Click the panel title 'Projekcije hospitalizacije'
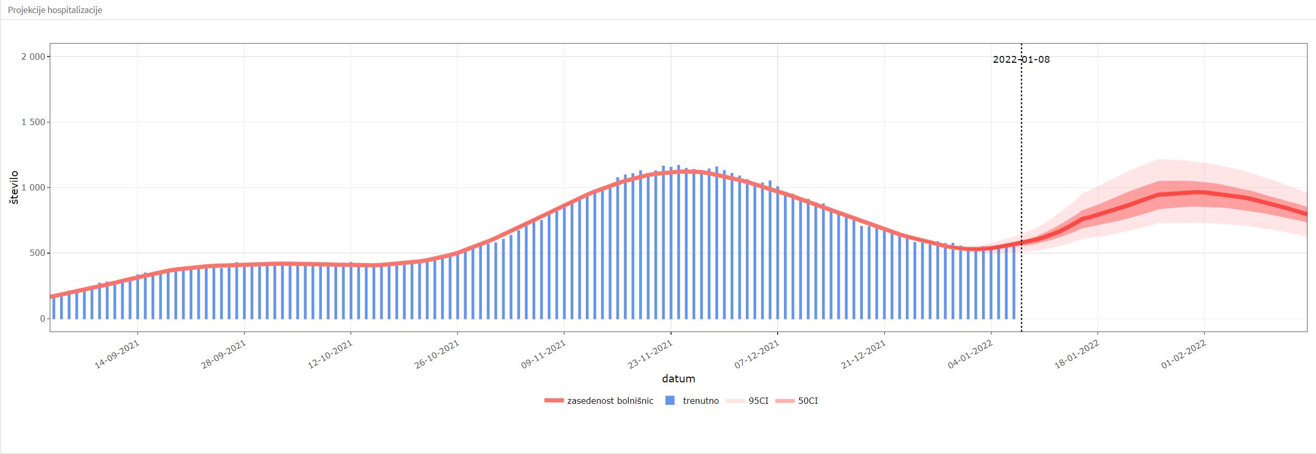click(x=55, y=10)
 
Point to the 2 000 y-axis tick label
click(x=33, y=56)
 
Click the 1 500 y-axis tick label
click(x=33, y=122)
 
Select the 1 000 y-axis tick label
click(x=33, y=188)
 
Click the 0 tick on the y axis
click(x=43, y=319)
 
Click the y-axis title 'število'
click(x=14, y=187)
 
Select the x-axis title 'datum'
click(x=678, y=379)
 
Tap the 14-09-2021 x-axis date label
click(x=118, y=355)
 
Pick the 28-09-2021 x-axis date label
click(x=224, y=355)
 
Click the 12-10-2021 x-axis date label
click(x=331, y=355)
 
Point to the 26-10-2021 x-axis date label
click(x=437, y=355)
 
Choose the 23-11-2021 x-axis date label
click(x=651, y=355)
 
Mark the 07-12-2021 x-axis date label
click(x=757, y=355)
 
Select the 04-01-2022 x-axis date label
click(x=971, y=355)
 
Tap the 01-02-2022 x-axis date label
click(x=1184, y=355)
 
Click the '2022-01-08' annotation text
click(x=1021, y=59)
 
